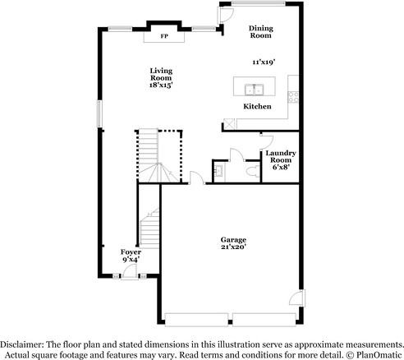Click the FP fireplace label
[x=163, y=37]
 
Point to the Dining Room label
[x=260, y=32]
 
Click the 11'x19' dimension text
[x=263, y=61]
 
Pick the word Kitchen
[x=257, y=107]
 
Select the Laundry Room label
[x=280, y=156]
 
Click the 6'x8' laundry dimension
[x=280, y=167]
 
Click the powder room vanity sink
[x=219, y=172]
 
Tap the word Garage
[x=232, y=239]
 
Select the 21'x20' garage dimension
[x=232, y=247]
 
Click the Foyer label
[x=131, y=252]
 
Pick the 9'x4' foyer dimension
[x=131, y=260]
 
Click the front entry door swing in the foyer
[x=131, y=272]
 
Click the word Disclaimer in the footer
[x=23, y=344]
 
